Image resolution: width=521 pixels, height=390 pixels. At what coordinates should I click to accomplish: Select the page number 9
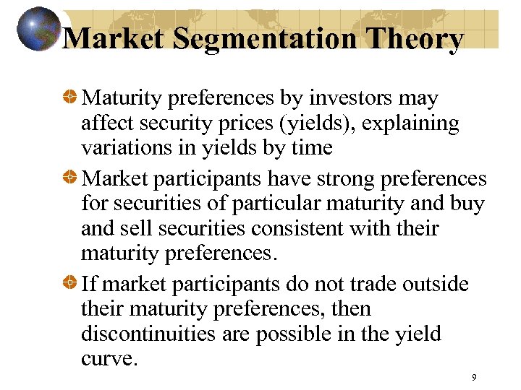click(x=473, y=377)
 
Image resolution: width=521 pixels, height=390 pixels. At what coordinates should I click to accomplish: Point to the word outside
click(x=433, y=284)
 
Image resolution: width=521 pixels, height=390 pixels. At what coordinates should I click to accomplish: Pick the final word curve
click(x=109, y=359)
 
